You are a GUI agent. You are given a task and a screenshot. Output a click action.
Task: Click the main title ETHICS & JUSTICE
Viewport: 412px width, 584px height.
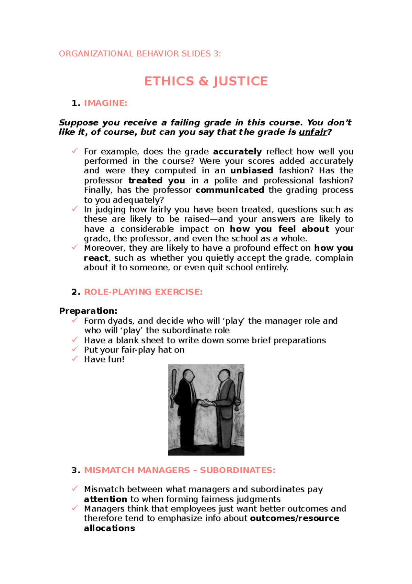tap(206, 82)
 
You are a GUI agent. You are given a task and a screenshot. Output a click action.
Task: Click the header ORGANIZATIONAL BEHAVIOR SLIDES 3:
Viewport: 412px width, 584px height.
tap(140, 54)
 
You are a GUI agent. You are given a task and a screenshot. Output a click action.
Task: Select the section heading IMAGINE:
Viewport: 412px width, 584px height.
tap(105, 103)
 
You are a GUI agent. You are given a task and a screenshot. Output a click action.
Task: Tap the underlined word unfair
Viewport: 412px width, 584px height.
tap(313, 132)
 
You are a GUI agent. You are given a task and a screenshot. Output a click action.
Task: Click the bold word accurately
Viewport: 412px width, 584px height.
tap(237, 152)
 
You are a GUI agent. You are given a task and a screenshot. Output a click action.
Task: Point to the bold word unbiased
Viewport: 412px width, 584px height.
tap(252, 171)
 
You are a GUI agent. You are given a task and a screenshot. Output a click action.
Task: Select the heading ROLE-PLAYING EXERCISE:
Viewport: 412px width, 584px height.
tap(143, 292)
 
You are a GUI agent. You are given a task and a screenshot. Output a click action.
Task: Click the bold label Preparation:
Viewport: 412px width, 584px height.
tap(88, 311)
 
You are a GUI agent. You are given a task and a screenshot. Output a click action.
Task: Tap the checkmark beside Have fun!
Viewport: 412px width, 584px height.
tap(75, 359)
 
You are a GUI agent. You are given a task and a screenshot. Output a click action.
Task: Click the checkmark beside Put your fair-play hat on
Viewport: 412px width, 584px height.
tap(75, 349)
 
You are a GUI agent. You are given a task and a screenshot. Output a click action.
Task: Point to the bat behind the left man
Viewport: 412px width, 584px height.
tap(174, 382)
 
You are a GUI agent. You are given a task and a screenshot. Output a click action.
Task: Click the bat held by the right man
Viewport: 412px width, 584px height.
tap(239, 389)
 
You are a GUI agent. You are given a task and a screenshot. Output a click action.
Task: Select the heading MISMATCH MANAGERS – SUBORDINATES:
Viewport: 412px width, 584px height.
tap(180, 470)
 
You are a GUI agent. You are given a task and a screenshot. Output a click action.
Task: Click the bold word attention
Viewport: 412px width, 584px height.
tap(105, 499)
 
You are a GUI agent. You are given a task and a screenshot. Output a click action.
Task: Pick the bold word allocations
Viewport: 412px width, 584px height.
tap(109, 528)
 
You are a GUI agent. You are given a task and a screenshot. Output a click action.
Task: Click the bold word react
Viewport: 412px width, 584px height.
tap(96, 258)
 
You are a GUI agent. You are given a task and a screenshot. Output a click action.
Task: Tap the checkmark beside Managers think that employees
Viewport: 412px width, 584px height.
tap(75, 508)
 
